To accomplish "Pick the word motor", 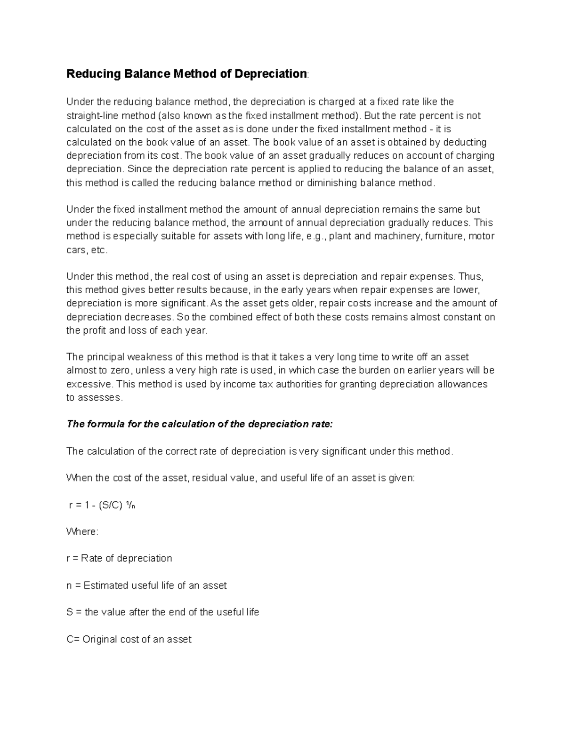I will click(482, 236).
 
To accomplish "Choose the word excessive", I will click(89, 384).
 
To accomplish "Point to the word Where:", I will click(82, 531).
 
